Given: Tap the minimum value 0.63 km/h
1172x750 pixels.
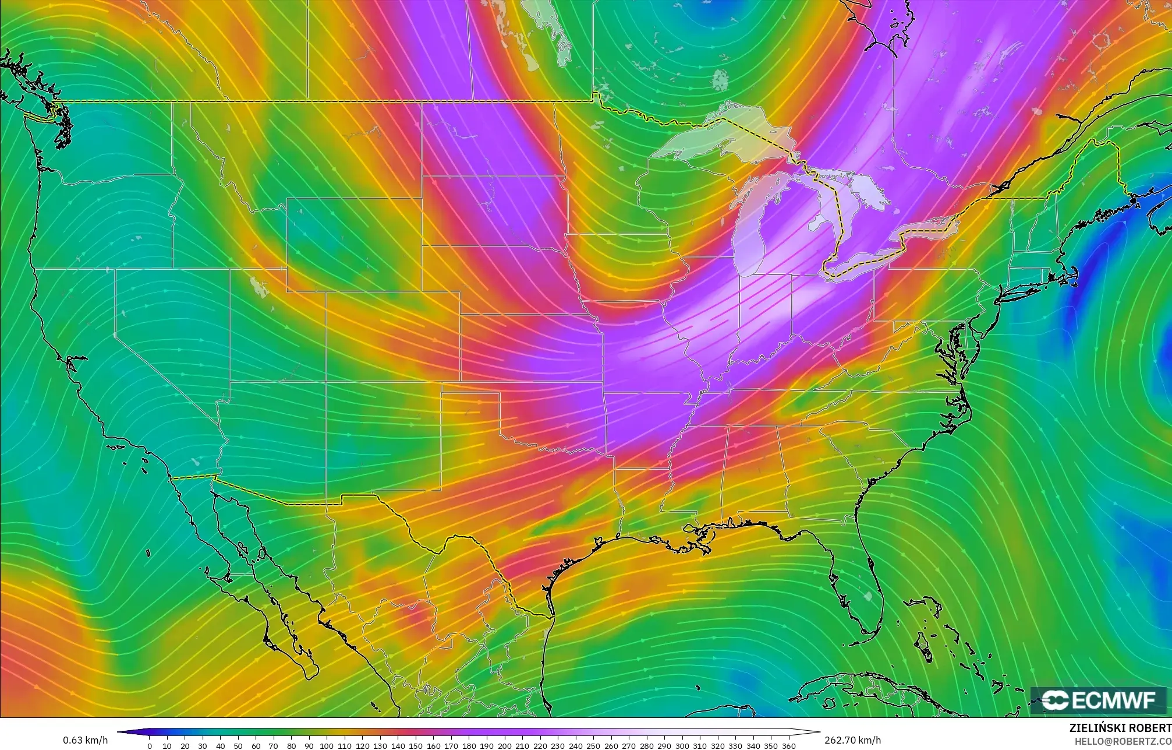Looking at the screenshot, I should pyautogui.click(x=85, y=740).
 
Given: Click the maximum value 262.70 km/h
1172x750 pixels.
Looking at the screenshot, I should pyautogui.click(x=852, y=740).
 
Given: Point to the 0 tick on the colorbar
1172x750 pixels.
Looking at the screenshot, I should pyautogui.click(x=150, y=745).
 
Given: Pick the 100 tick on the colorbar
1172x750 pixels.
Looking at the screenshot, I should pyautogui.click(x=327, y=745).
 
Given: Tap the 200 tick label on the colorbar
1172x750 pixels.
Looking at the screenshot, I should pyautogui.click(x=505, y=745).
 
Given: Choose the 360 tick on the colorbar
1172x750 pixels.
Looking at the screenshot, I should pyautogui.click(x=788, y=745).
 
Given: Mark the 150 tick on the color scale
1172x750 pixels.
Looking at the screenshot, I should pyautogui.click(x=416, y=745).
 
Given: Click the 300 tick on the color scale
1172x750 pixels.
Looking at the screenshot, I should pyautogui.click(x=682, y=745).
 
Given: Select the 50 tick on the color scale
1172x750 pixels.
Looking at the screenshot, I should pyautogui.click(x=238, y=745).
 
